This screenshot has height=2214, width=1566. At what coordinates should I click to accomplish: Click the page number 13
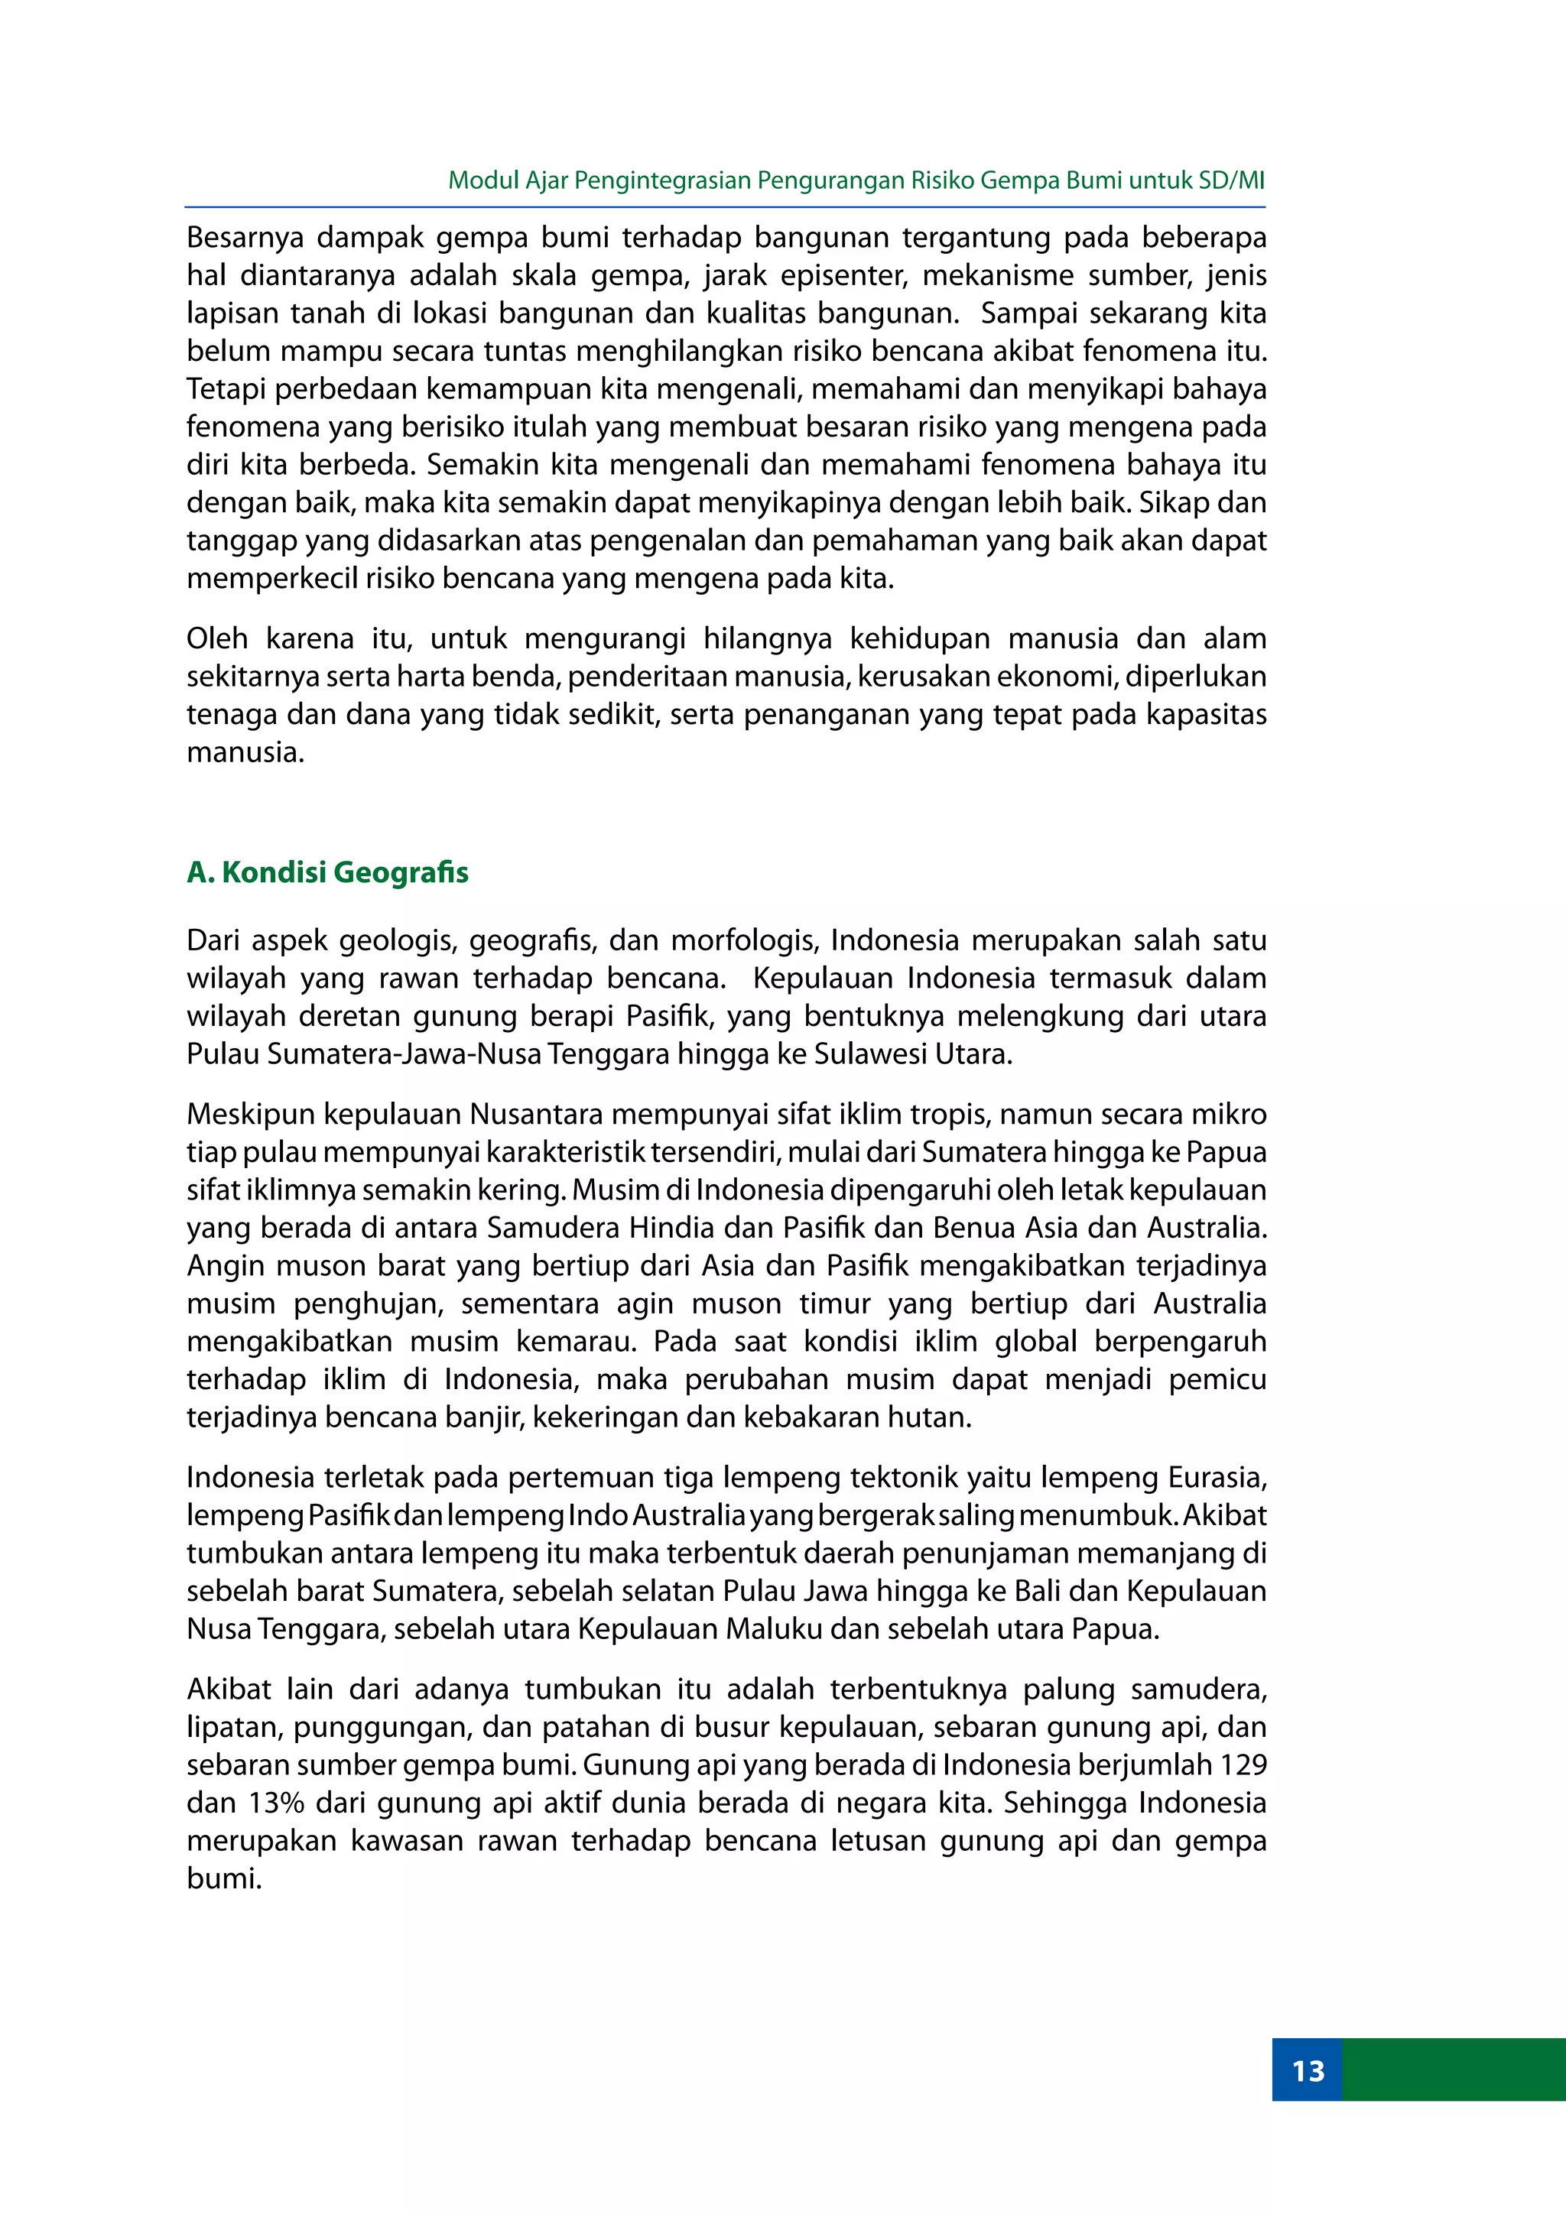[x=1308, y=2070]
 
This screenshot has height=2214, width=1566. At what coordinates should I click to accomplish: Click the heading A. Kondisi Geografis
[x=328, y=872]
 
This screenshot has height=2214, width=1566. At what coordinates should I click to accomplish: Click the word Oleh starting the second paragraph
[x=218, y=638]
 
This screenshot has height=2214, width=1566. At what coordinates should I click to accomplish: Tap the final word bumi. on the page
[x=225, y=1878]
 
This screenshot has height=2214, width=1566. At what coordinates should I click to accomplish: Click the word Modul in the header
[x=483, y=180]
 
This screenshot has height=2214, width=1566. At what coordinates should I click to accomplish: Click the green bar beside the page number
[x=1453, y=2070]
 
